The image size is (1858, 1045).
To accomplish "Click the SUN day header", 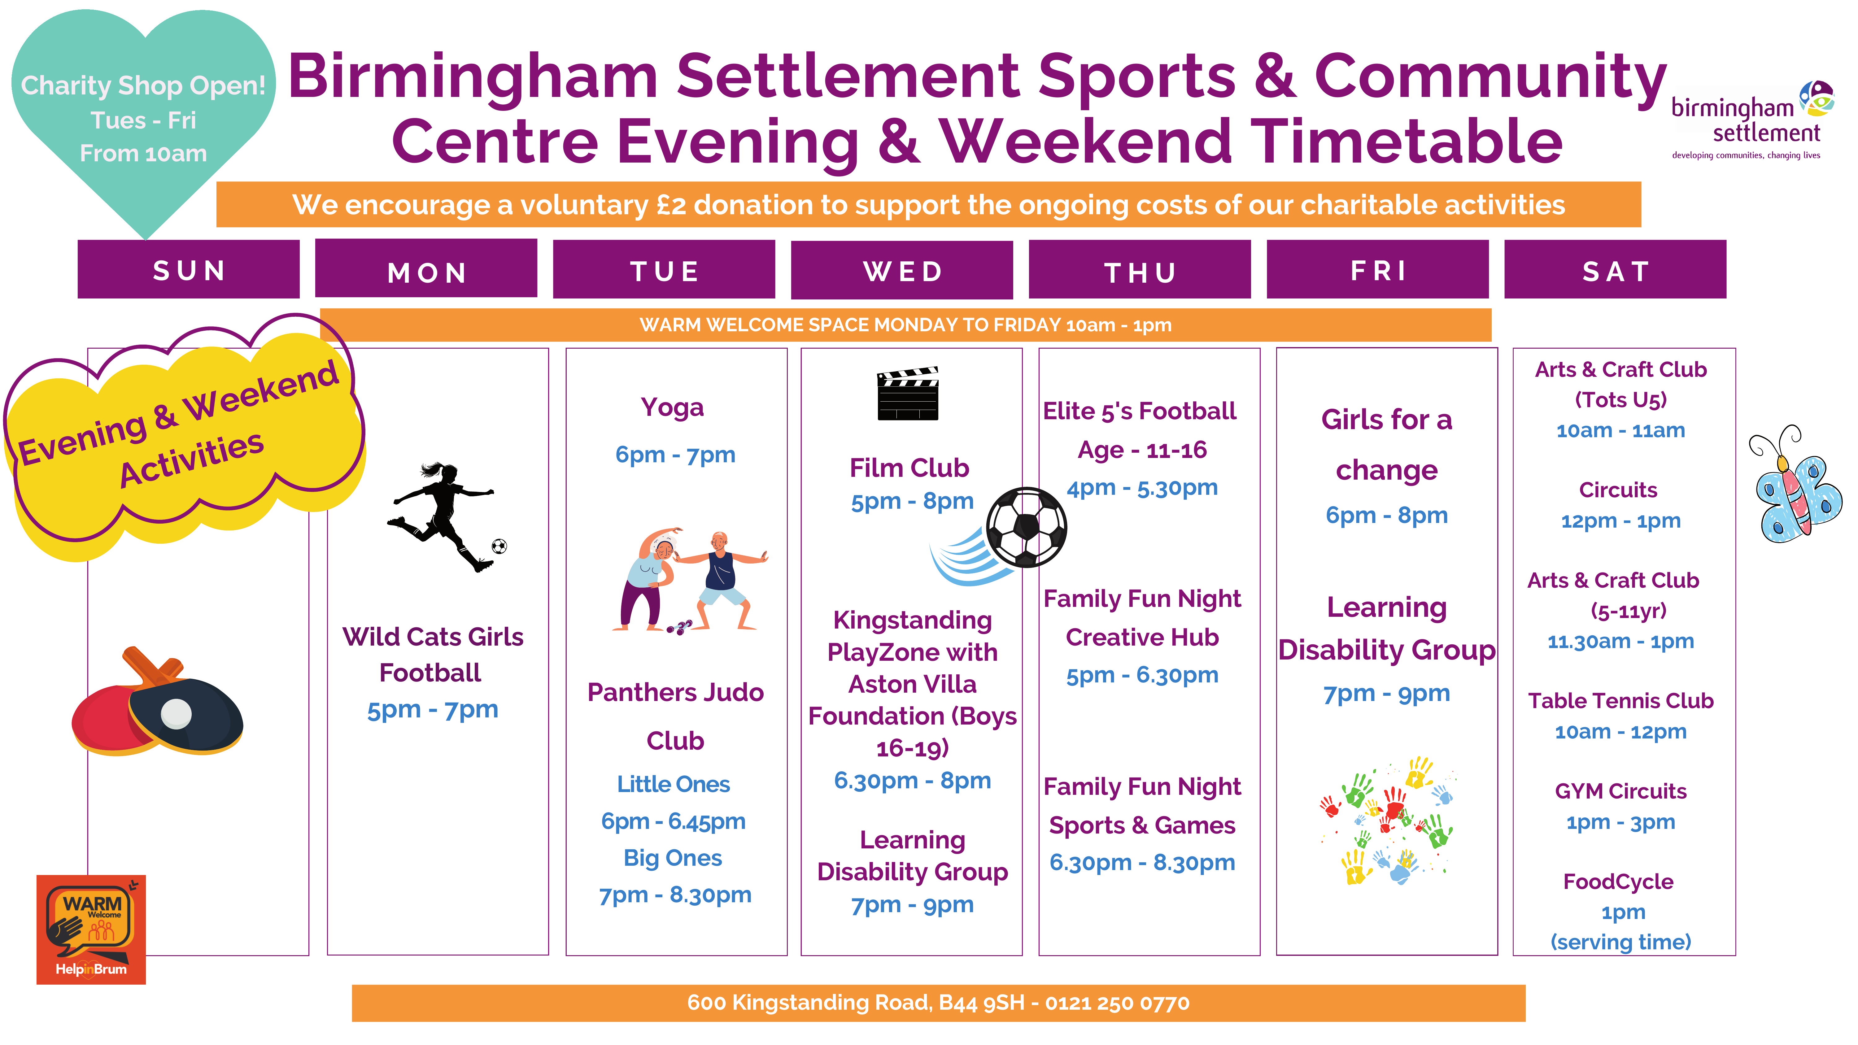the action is click(x=188, y=270).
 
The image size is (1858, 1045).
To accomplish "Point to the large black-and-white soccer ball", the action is click(x=1026, y=527).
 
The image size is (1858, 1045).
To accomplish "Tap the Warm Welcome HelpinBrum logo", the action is click(x=91, y=930).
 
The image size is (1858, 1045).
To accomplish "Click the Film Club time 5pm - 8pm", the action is click(x=912, y=501).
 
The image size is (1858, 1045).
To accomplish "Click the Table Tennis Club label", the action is click(x=1621, y=700).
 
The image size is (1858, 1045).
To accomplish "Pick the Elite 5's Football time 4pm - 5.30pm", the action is click(x=1142, y=488).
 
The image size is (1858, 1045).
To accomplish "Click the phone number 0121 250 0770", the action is click(x=1117, y=1003).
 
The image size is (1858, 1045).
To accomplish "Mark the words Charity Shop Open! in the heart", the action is click(x=143, y=86).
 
